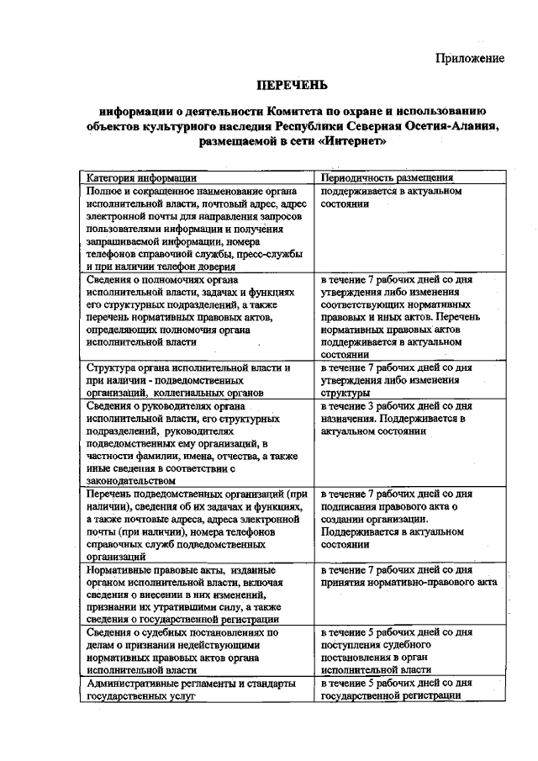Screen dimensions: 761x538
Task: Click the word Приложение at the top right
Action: pyautogui.click(x=470, y=58)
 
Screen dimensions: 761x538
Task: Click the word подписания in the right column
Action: pyautogui.click(x=350, y=506)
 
